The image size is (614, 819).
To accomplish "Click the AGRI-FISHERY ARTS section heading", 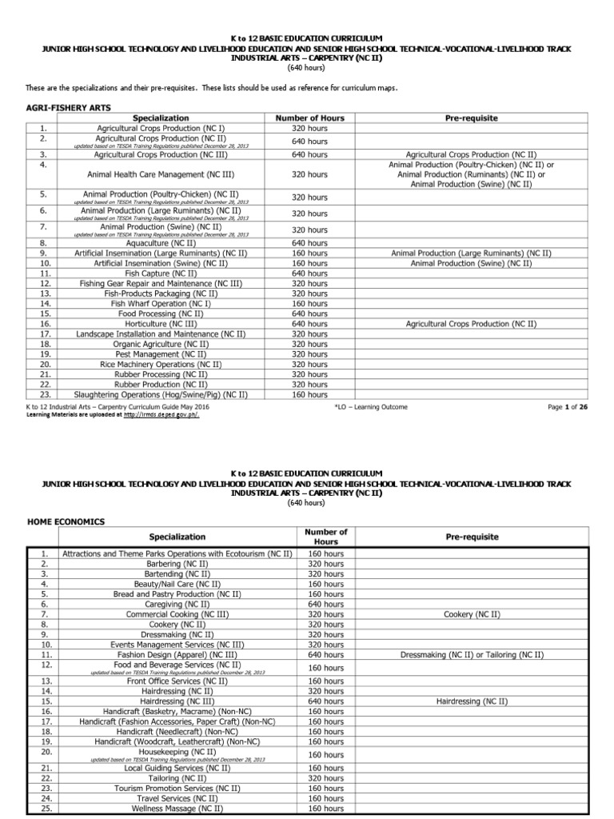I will tap(69, 106).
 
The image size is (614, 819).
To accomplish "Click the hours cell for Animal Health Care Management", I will tap(309, 174).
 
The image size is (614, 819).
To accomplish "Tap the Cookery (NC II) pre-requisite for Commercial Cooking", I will tap(471, 614).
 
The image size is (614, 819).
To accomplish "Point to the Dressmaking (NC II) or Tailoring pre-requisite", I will tap(471, 655).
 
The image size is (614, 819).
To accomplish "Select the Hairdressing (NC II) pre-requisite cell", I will tap(471, 701).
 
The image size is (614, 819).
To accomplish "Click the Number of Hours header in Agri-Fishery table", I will tap(309, 118).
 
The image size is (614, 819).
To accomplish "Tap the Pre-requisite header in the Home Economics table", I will tap(471, 537).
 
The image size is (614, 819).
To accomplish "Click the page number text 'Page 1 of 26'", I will tap(568, 407).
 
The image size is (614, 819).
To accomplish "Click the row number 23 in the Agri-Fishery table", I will tap(45, 394).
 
